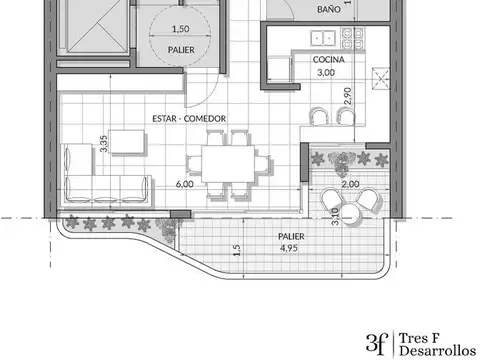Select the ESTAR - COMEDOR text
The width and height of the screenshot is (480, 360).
click(188, 119)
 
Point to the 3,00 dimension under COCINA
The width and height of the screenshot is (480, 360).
click(326, 73)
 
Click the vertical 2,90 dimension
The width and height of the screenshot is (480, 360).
click(348, 97)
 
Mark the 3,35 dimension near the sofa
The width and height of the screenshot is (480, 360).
click(104, 143)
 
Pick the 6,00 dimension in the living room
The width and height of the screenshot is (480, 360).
click(185, 185)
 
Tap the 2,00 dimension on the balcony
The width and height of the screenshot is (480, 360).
click(350, 185)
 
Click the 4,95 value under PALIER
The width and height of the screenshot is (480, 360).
click(289, 247)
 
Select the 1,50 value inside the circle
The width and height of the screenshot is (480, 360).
click(181, 29)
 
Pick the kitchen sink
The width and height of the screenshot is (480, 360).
click(322, 38)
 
